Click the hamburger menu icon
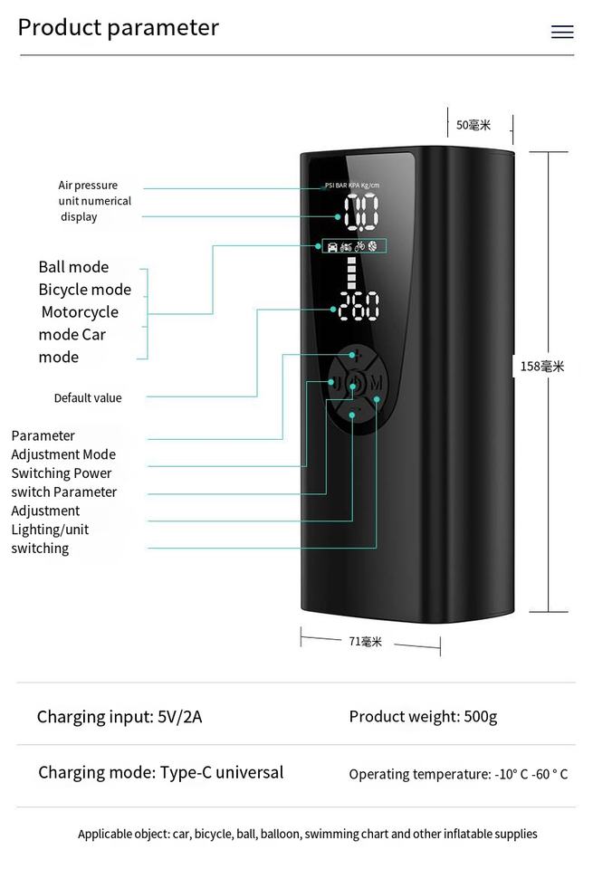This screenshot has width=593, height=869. pos(562,33)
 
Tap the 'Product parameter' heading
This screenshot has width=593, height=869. pos(119,28)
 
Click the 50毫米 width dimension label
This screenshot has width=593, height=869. pos(473,125)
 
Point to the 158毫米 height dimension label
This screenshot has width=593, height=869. pos(542,367)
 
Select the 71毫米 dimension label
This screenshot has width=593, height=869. pos(366,642)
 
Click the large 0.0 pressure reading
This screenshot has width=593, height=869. pos(360,215)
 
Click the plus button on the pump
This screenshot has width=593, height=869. pos(358,356)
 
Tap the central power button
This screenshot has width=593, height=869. pos(354,384)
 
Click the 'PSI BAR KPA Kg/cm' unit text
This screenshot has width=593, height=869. pos(352,186)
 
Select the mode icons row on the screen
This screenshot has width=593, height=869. pos(353,245)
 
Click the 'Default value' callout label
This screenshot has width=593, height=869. pos(87,398)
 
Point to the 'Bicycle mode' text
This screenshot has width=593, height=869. pos(84,290)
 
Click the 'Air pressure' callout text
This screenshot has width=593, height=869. pos(88,186)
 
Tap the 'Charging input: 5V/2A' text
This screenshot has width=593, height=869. pos(120,717)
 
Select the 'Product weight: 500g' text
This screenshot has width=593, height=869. pos(423,717)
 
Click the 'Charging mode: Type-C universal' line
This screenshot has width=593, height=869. pos(160,772)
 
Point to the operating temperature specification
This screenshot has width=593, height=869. pos(458,774)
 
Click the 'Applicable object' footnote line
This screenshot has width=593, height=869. pos(307,834)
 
